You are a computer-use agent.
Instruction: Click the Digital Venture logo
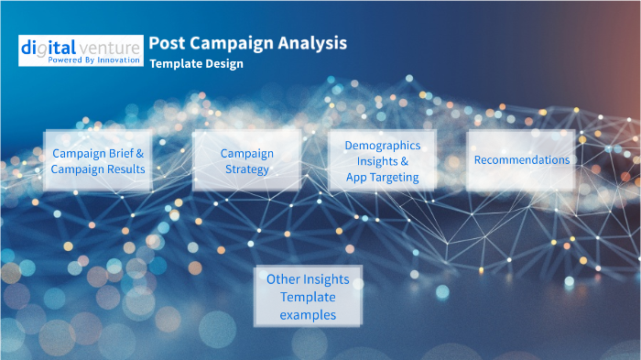pos(81,50)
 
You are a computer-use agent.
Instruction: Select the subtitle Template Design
pos(196,65)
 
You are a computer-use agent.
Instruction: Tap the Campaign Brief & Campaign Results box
pos(98,160)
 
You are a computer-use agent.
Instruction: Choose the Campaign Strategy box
pos(246,160)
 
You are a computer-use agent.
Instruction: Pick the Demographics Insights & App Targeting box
pos(382,160)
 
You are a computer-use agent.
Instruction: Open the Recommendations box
pos(521,160)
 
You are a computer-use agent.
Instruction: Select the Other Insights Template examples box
pos(308,296)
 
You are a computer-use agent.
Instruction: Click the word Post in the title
pos(166,43)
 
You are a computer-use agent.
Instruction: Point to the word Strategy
pos(247,169)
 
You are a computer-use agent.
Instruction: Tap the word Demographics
pos(383,146)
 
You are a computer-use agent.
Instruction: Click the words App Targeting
pos(383,176)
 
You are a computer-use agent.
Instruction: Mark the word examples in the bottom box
pos(308,314)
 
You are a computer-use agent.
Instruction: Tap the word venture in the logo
pos(111,46)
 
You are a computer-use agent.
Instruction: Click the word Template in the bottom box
pos(308,297)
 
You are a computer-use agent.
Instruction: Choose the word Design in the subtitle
pos(224,65)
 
